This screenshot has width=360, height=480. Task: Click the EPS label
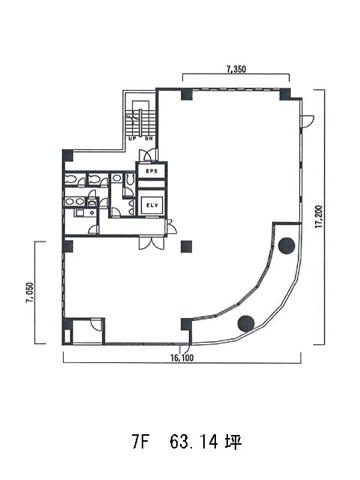[x=151, y=171]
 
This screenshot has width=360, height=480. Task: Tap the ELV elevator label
[x=152, y=205]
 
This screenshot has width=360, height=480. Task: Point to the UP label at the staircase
[x=132, y=139]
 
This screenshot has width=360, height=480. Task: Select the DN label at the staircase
[x=148, y=139]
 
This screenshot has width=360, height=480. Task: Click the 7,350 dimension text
[x=236, y=70]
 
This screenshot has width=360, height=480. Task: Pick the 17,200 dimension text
[x=319, y=217]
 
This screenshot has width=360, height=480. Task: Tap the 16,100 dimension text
[x=182, y=358]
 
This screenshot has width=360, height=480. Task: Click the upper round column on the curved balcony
[x=286, y=245]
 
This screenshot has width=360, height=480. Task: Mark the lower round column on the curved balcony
[x=246, y=324]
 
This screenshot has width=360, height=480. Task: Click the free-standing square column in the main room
[x=187, y=247]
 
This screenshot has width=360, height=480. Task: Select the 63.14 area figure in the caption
[x=194, y=442]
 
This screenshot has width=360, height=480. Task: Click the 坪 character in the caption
[x=233, y=442]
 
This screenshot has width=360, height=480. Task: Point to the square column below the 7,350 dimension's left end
[x=187, y=94]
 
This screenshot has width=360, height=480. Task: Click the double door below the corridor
[x=151, y=242]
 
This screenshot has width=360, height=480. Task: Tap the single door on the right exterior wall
[x=307, y=121]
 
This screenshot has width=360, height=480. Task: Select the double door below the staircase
[x=148, y=155]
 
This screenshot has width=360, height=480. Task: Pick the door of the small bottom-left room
[x=97, y=325]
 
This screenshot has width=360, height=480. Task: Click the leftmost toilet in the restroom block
[x=70, y=179]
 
